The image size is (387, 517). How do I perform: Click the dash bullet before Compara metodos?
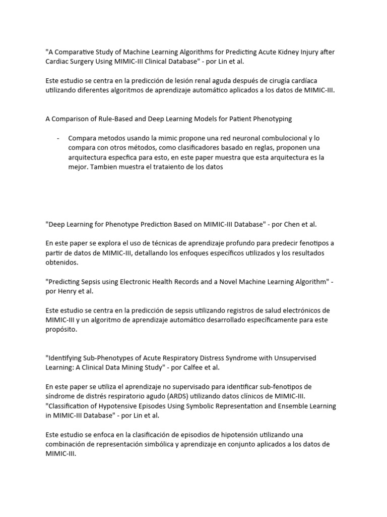pyautogui.click(x=58, y=138)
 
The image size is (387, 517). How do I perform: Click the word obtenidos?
pyautogui.click(x=62, y=263)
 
